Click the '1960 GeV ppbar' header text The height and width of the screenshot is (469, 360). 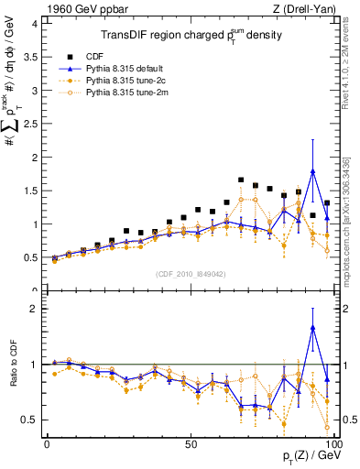point(85,9)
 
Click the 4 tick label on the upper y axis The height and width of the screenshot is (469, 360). point(33,24)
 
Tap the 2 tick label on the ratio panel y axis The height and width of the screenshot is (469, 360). point(33,310)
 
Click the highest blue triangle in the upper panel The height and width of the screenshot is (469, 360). point(313,171)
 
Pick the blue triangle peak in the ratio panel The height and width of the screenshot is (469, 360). point(313,327)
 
